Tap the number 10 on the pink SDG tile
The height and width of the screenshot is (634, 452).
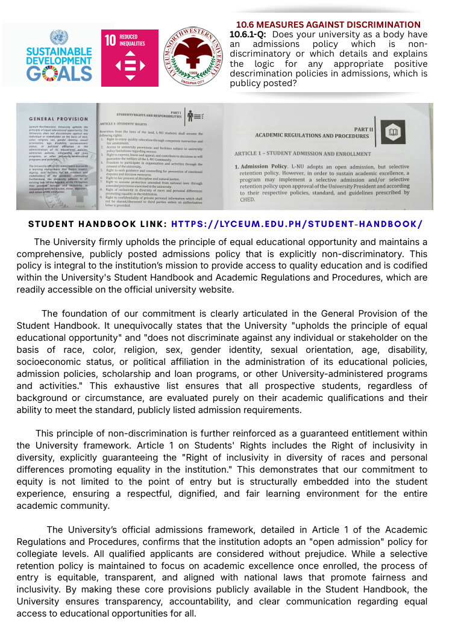click(110, 41)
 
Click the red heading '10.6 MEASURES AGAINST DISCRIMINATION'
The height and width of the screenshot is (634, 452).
click(328, 25)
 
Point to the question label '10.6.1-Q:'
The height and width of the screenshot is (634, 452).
click(248, 34)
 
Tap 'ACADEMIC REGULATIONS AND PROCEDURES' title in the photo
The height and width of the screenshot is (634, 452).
click(312, 135)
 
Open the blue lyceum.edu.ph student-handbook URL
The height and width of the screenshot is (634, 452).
click(297, 224)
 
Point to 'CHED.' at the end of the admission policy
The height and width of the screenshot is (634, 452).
click(248, 199)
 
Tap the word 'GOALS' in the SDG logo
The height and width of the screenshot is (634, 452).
click(59, 73)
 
